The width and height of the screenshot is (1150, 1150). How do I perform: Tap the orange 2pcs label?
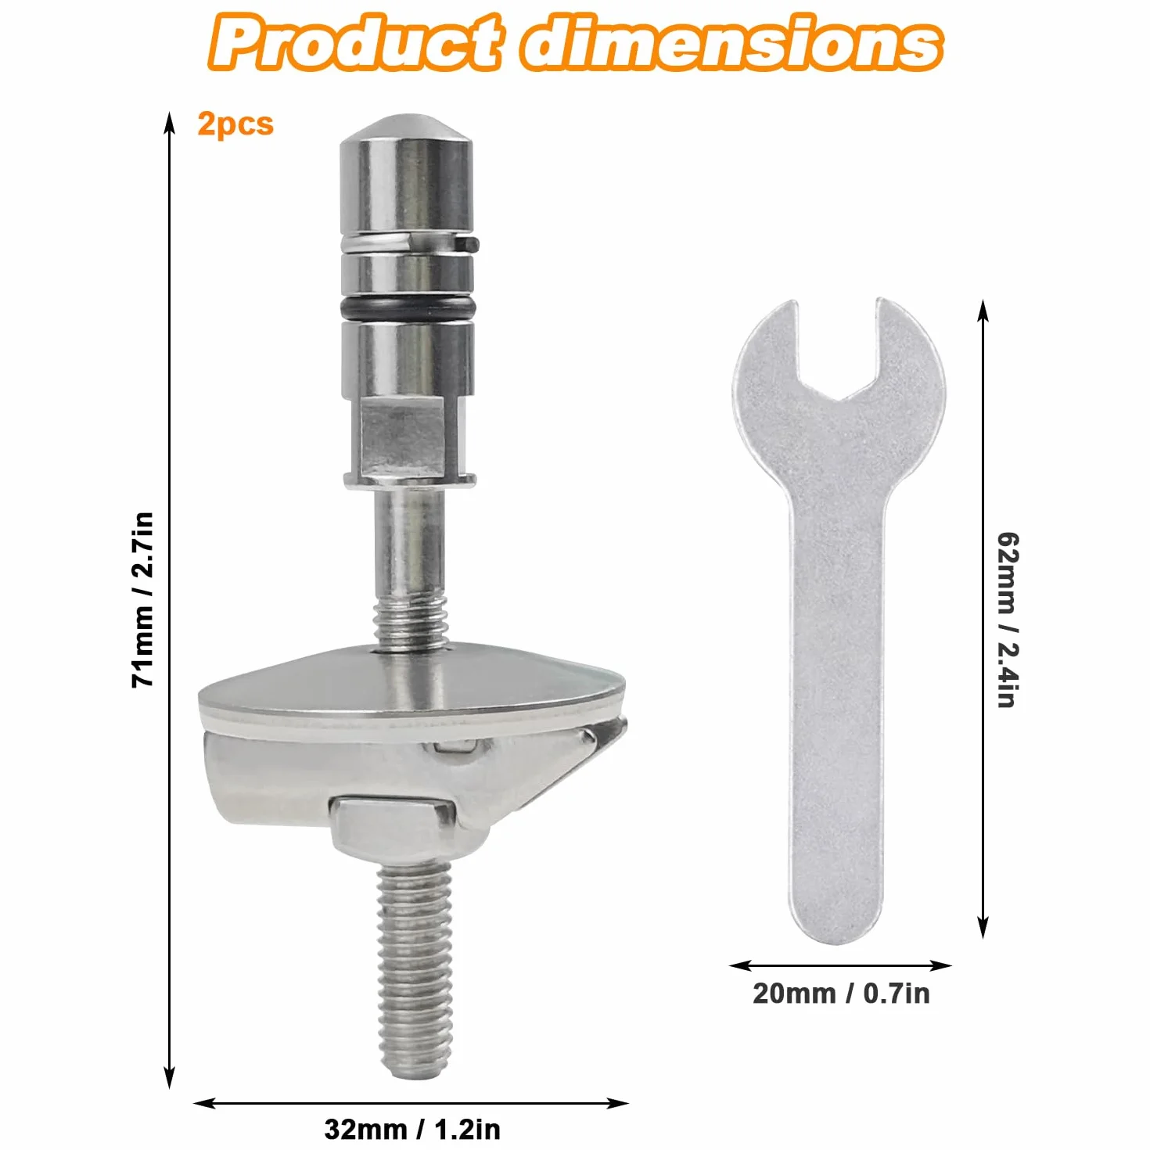(x=235, y=124)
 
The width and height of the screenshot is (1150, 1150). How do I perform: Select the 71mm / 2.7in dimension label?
(x=143, y=598)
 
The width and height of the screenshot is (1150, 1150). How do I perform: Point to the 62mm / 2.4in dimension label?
(x=1008, y=620)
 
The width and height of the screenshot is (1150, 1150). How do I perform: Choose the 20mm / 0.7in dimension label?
(x=841, y=993)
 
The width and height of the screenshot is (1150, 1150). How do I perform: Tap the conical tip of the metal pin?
(x=406, y=130)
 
